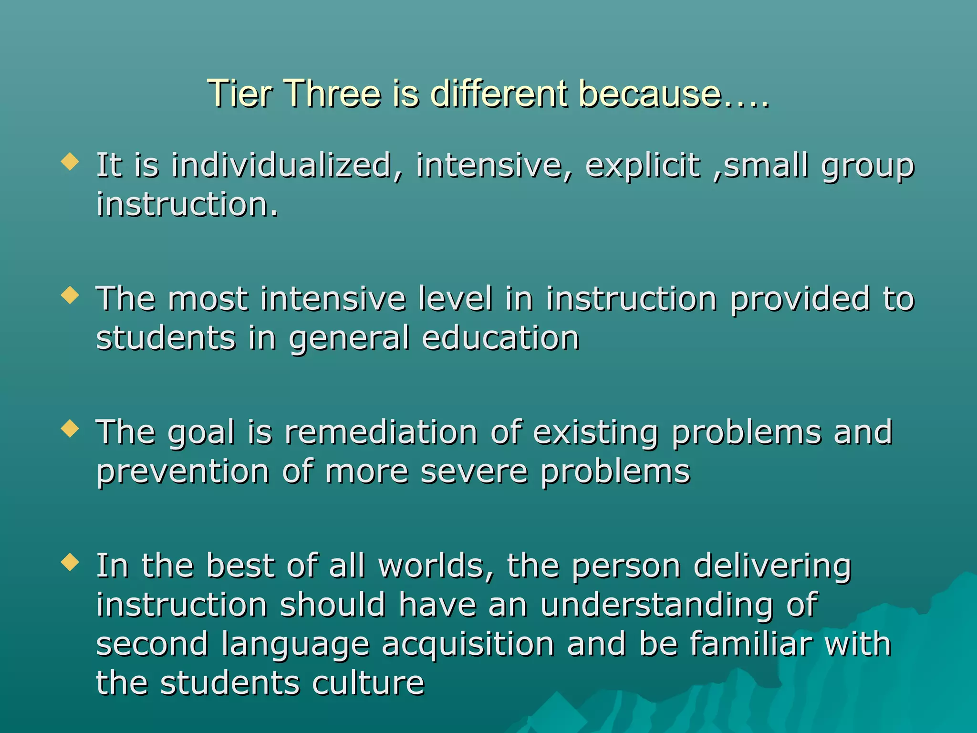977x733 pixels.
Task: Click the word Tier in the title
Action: tap(239, 94)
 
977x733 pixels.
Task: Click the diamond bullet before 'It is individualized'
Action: tap(70, 162)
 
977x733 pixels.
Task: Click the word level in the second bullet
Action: tap(455, 299)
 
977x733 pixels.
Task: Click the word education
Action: tap(500, 338)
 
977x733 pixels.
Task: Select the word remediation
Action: tap(381, 432)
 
